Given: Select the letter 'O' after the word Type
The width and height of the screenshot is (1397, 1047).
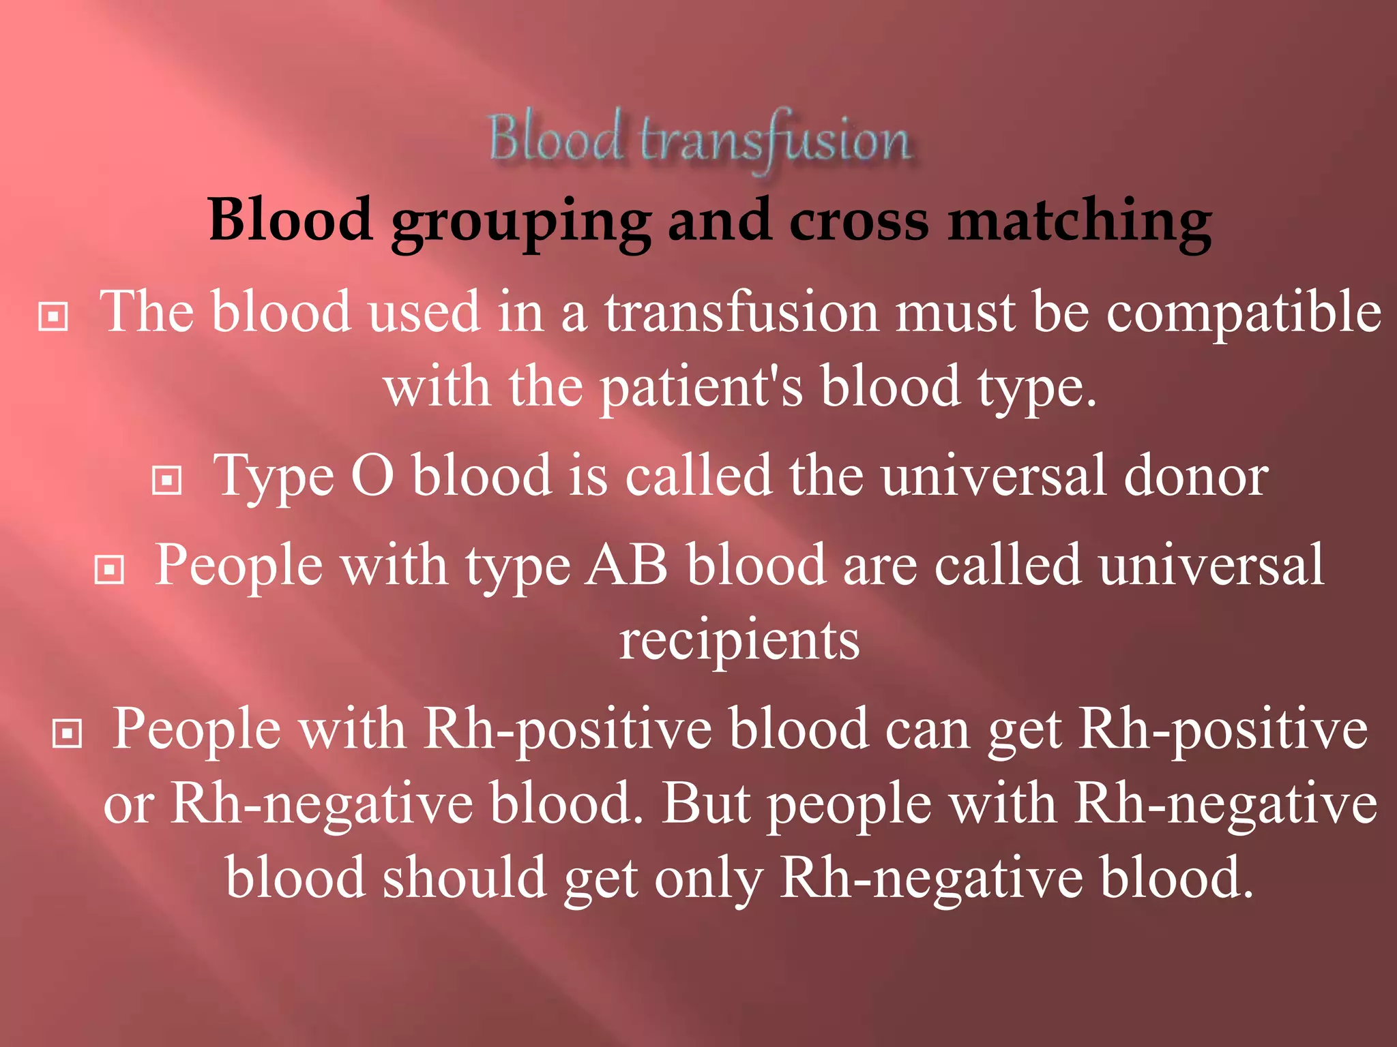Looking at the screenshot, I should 372,475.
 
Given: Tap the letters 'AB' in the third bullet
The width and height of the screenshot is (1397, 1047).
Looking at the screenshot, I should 627,565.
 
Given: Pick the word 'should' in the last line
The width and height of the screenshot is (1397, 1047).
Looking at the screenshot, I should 463,878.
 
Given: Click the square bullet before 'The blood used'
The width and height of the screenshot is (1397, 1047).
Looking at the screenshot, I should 53,316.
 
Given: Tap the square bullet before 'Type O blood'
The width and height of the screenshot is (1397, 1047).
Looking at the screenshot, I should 166,480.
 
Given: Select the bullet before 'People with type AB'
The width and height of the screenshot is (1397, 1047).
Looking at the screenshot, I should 109,570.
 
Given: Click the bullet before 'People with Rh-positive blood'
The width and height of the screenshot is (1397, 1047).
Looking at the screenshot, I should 67,733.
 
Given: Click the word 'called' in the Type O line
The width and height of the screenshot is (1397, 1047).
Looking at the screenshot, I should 698,475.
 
